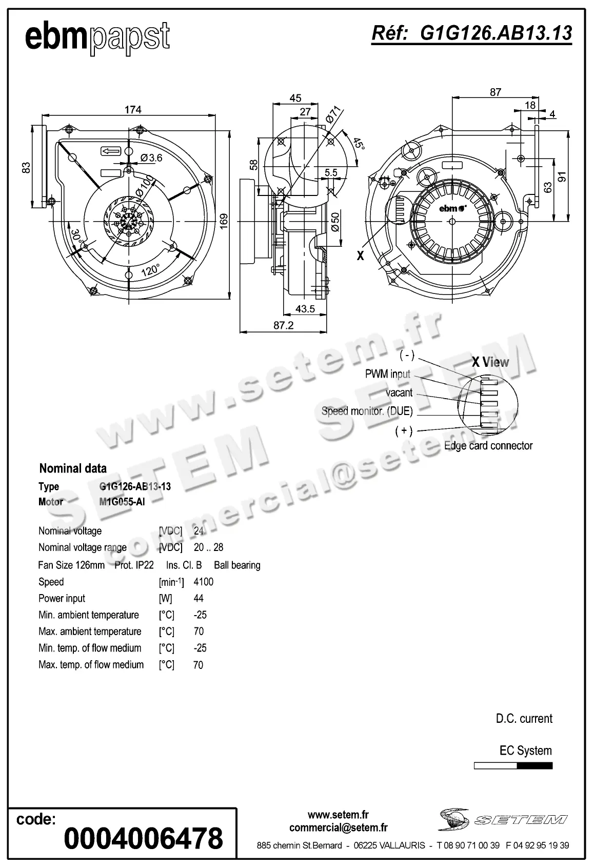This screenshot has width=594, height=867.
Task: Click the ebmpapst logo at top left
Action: (97, 37)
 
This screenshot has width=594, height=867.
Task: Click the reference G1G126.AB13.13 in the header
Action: (471, 33)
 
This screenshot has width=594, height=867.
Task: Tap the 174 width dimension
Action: (132, 109)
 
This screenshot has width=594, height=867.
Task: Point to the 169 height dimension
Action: (224, 222)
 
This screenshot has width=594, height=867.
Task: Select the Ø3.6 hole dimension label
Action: (151, 157)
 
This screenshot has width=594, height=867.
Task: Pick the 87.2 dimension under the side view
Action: (283, 325)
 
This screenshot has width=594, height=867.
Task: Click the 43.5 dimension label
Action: (305, 309)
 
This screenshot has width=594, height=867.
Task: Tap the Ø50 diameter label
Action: (335, 222)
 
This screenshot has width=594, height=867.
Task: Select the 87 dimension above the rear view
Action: (495, 92)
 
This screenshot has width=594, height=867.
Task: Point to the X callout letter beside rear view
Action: (360, 255)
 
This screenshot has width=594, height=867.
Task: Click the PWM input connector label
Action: (387, 374)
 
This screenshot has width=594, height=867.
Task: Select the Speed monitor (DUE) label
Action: (367, 411)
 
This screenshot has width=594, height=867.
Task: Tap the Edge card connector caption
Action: (488, 446)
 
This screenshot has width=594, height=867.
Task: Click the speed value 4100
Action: (203, 582)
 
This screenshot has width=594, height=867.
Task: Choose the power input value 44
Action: (199, 598)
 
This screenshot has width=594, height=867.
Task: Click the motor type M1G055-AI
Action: (122, 502)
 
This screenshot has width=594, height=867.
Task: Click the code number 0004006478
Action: (143, 838)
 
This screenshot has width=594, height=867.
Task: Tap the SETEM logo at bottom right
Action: (502, 819)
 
